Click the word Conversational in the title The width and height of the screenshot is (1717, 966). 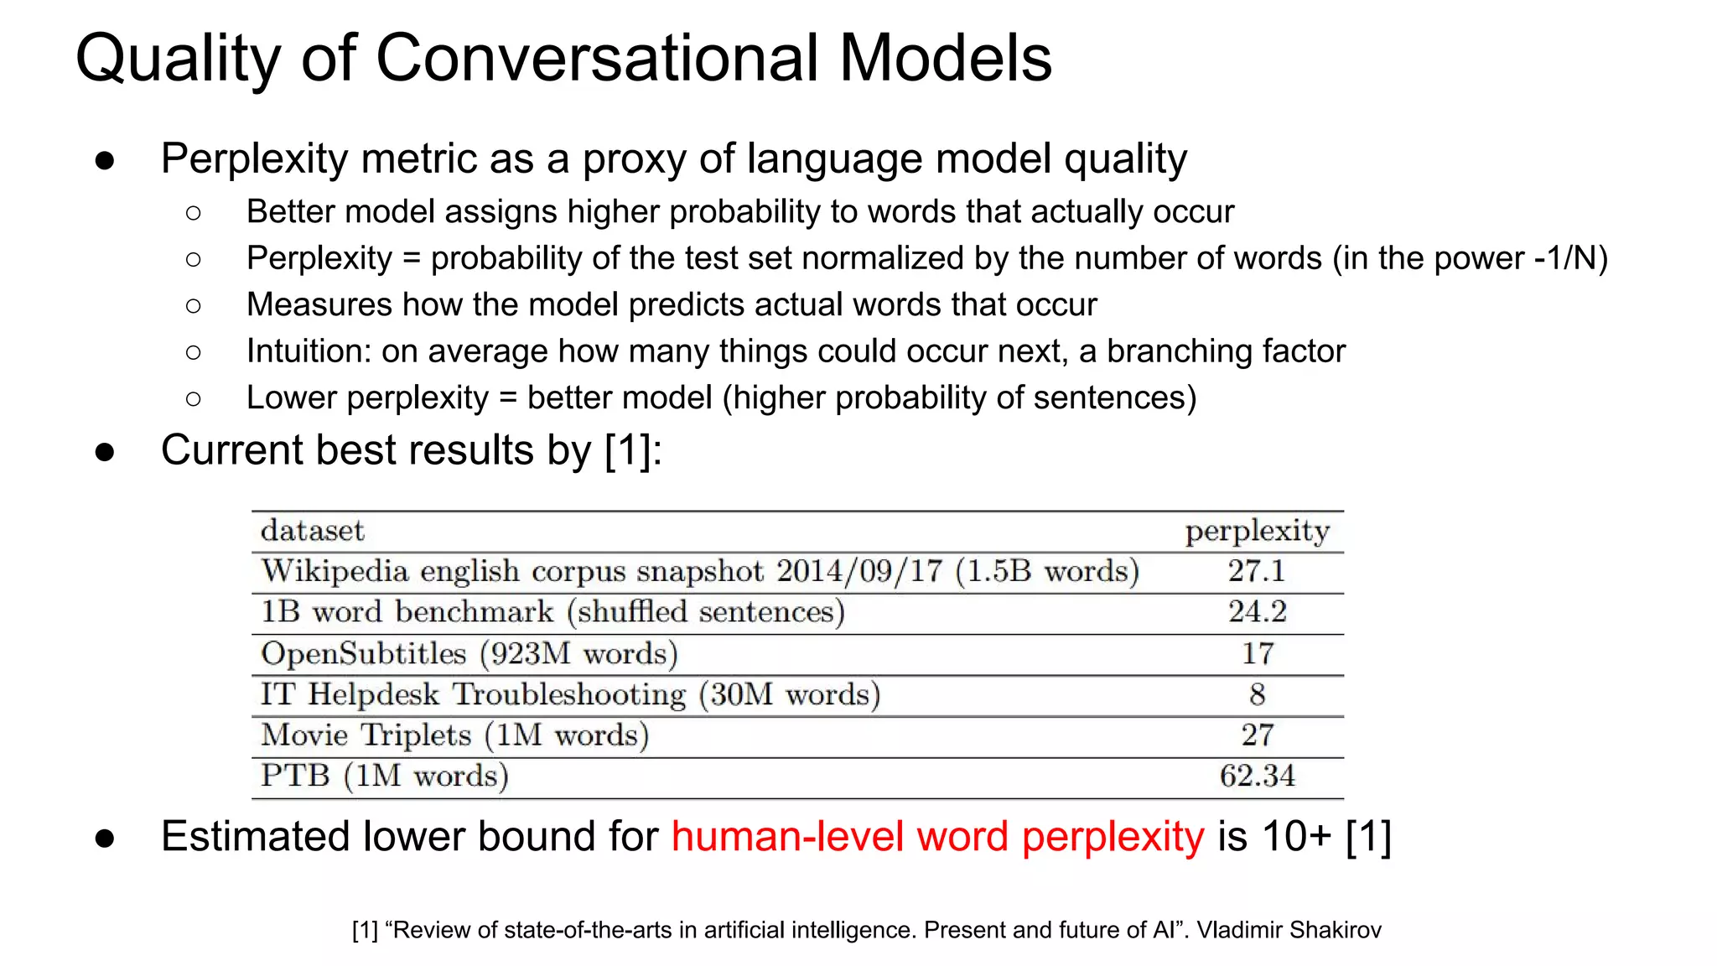point(596,59)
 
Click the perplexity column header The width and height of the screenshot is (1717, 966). point(1257,532)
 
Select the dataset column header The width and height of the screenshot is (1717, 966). point(312,531)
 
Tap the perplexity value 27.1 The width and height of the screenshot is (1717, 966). point(1257,572)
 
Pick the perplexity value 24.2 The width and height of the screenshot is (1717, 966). point(1257,612)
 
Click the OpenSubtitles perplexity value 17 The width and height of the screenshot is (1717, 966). point(1257,653)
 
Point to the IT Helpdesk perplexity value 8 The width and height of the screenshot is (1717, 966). point(1257,694)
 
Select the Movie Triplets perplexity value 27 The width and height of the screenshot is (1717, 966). point(1257,735)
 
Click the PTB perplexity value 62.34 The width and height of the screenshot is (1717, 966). point(1257,776)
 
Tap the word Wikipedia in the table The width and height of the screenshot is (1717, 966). point(335,572)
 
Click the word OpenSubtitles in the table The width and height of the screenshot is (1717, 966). point(363,654)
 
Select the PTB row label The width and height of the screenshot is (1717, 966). point(294,776)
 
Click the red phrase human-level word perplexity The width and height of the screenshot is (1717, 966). point(937,837)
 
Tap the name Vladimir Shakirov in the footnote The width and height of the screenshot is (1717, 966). point(1289,930)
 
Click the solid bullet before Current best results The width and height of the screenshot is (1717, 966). point(105,452)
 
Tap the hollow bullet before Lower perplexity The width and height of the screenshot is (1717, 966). point(194,398)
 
